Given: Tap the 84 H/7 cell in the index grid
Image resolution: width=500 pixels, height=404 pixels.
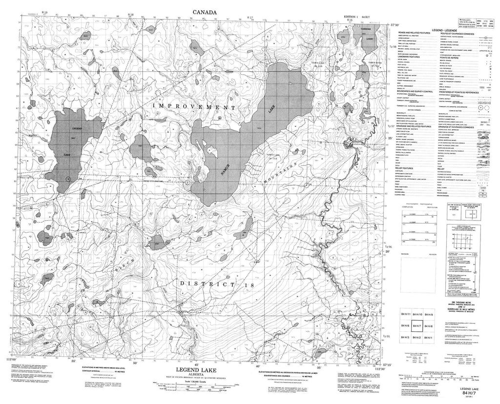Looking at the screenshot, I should point(417,325).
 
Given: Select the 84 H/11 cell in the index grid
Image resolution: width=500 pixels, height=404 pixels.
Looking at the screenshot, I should point(405,314).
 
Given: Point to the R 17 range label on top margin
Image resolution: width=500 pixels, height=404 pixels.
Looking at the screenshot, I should point(250,18).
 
